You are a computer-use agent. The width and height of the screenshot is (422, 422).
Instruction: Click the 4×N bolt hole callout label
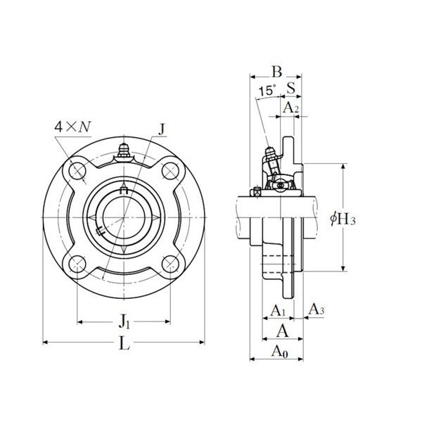click(x=72, y=127)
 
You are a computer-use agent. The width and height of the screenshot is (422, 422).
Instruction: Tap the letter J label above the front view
click(x=162, y=129)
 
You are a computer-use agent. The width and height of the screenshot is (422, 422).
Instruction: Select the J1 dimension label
click(x=124, y=321)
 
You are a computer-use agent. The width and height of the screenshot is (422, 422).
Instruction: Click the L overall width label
click(x=124, y=343)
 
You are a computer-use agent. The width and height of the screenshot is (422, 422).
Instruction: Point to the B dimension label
click(x=277, y=72)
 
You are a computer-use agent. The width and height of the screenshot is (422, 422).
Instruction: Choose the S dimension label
click(x=291, y=87)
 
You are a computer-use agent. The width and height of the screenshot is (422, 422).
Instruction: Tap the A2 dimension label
click(x=291, y=108)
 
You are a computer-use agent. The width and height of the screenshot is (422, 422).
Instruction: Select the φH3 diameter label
click(x=343, y=218)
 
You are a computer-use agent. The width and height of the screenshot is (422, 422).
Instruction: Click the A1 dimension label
click(x=278, y=311)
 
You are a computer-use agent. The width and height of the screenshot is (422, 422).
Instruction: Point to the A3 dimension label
click(x=316, y=309)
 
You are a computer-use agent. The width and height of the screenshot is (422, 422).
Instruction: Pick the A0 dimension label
click(x=280, y=352)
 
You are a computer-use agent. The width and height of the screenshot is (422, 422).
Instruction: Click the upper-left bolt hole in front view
click(x=77, y=171)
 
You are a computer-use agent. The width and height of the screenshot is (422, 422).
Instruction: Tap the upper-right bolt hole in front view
click(x=171, y=171)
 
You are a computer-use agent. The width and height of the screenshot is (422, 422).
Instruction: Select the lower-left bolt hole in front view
click(x=77, y=264)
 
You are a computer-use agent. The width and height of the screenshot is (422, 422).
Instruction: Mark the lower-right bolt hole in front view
click(x=171, y=264)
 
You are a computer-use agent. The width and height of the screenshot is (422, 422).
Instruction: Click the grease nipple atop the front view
click(x=124, y=151)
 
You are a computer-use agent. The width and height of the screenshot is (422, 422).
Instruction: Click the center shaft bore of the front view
click(x=124, y=217)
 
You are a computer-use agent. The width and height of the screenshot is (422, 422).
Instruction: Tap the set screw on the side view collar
click(x=256, y=192)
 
